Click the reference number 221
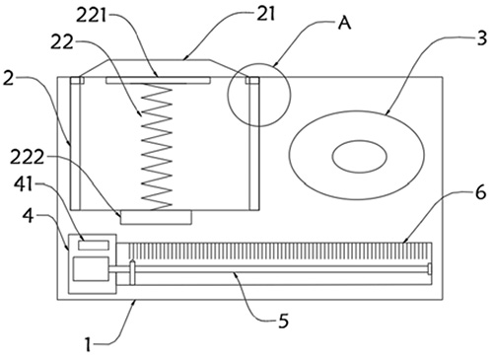pos(92,16)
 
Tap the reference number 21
pos(265,14)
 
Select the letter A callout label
pos(345,24)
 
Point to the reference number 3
pos(481,38)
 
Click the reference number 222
pos(27,158)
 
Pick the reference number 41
pos(24,184)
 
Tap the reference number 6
pos(480,192)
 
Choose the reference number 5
pos(283,321)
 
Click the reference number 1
pos(88,345)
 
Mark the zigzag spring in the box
pos(157,147)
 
